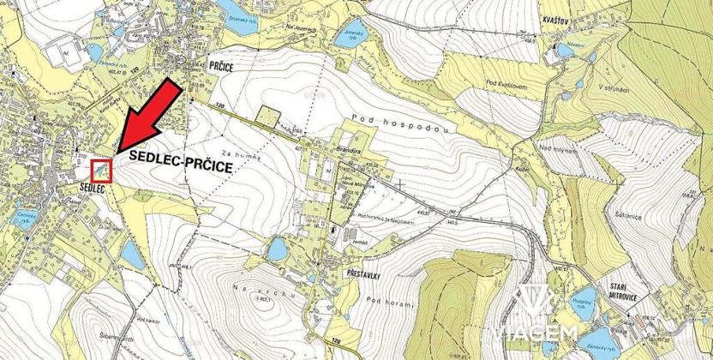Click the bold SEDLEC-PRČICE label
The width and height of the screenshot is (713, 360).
181,159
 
